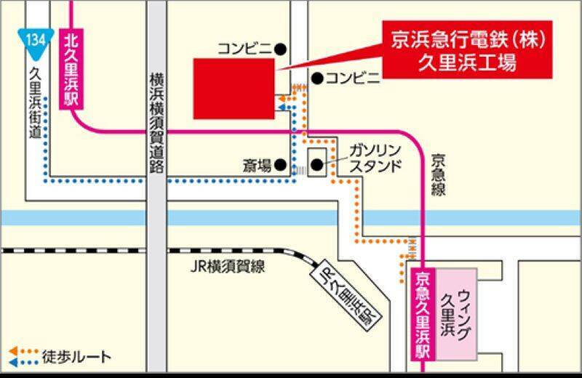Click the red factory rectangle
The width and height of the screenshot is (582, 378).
(x=234, y=89)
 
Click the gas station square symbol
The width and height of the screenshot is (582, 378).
(x=318, y=164)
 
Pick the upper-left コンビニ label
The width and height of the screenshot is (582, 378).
(x=244, y=49)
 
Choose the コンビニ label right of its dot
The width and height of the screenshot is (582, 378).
(x=353, y=78)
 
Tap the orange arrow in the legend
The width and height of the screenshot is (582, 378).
(x=14, y=352)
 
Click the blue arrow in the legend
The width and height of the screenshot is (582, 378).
(x=14, y=361)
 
